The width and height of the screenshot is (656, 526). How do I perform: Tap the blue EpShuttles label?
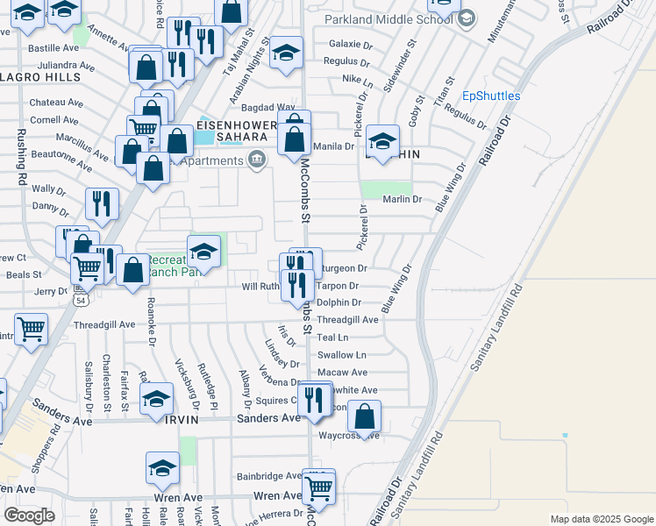(x=491, y=96)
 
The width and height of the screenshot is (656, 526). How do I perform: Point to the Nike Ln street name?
(x=358, y=79)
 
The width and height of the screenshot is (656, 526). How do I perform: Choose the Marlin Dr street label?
(x=403, y=199)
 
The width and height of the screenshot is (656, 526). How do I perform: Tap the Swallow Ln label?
(x=342, y=355)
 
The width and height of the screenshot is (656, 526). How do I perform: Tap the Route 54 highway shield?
(x=81, y=300)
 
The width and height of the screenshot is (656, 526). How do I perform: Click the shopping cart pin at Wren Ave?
(x=318, y=487)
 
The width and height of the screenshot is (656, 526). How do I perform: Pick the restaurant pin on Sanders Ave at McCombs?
(x=313, y=400)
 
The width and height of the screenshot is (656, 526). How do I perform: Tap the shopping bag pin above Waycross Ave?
(x=365, y=416)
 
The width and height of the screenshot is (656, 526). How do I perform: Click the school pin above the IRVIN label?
(x=156, y=399)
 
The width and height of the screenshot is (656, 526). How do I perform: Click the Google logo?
(x=30, y=516)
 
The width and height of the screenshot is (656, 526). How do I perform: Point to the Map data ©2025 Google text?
(x=601, y=519)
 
